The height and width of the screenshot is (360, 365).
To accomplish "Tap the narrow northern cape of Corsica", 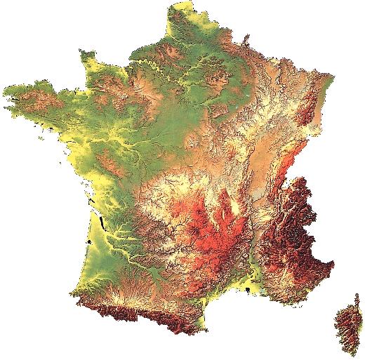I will click(357, 298).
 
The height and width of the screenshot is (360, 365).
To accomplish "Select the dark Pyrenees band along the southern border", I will click(140, 309).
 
